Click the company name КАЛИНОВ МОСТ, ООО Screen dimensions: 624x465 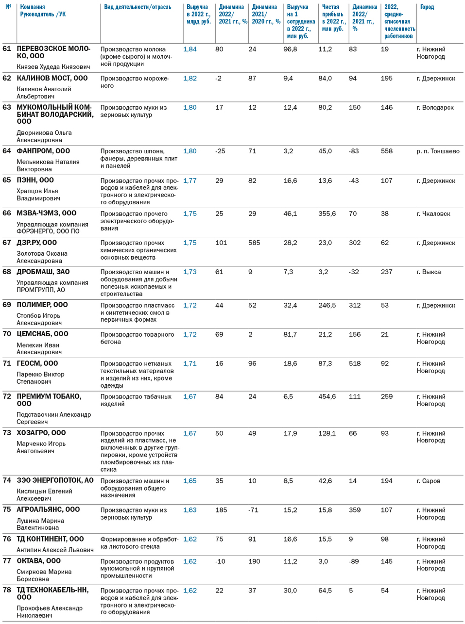point(52,78)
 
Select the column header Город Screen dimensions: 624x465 point(427,7)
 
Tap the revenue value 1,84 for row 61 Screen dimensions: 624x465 point(190,49)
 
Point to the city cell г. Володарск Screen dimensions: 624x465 point(435,107)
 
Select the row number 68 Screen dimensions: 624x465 point(7,272)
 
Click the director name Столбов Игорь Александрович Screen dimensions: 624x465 point(39,319)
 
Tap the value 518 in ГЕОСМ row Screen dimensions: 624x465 point(355,363)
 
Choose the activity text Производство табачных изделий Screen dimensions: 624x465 point(136,400)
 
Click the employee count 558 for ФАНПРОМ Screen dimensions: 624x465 point(387,151)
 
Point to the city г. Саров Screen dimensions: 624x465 point(429,481)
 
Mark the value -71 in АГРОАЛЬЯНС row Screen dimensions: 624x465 point(253,510)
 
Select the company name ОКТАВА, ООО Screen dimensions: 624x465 point(39,561)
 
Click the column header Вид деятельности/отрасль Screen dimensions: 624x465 point(138,7)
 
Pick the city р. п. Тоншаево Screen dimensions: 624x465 point(438,151)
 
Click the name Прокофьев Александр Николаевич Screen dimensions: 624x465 point(50,611)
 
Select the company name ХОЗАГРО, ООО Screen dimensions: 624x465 point(41,433)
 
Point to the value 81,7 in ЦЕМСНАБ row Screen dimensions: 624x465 point(290,334)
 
